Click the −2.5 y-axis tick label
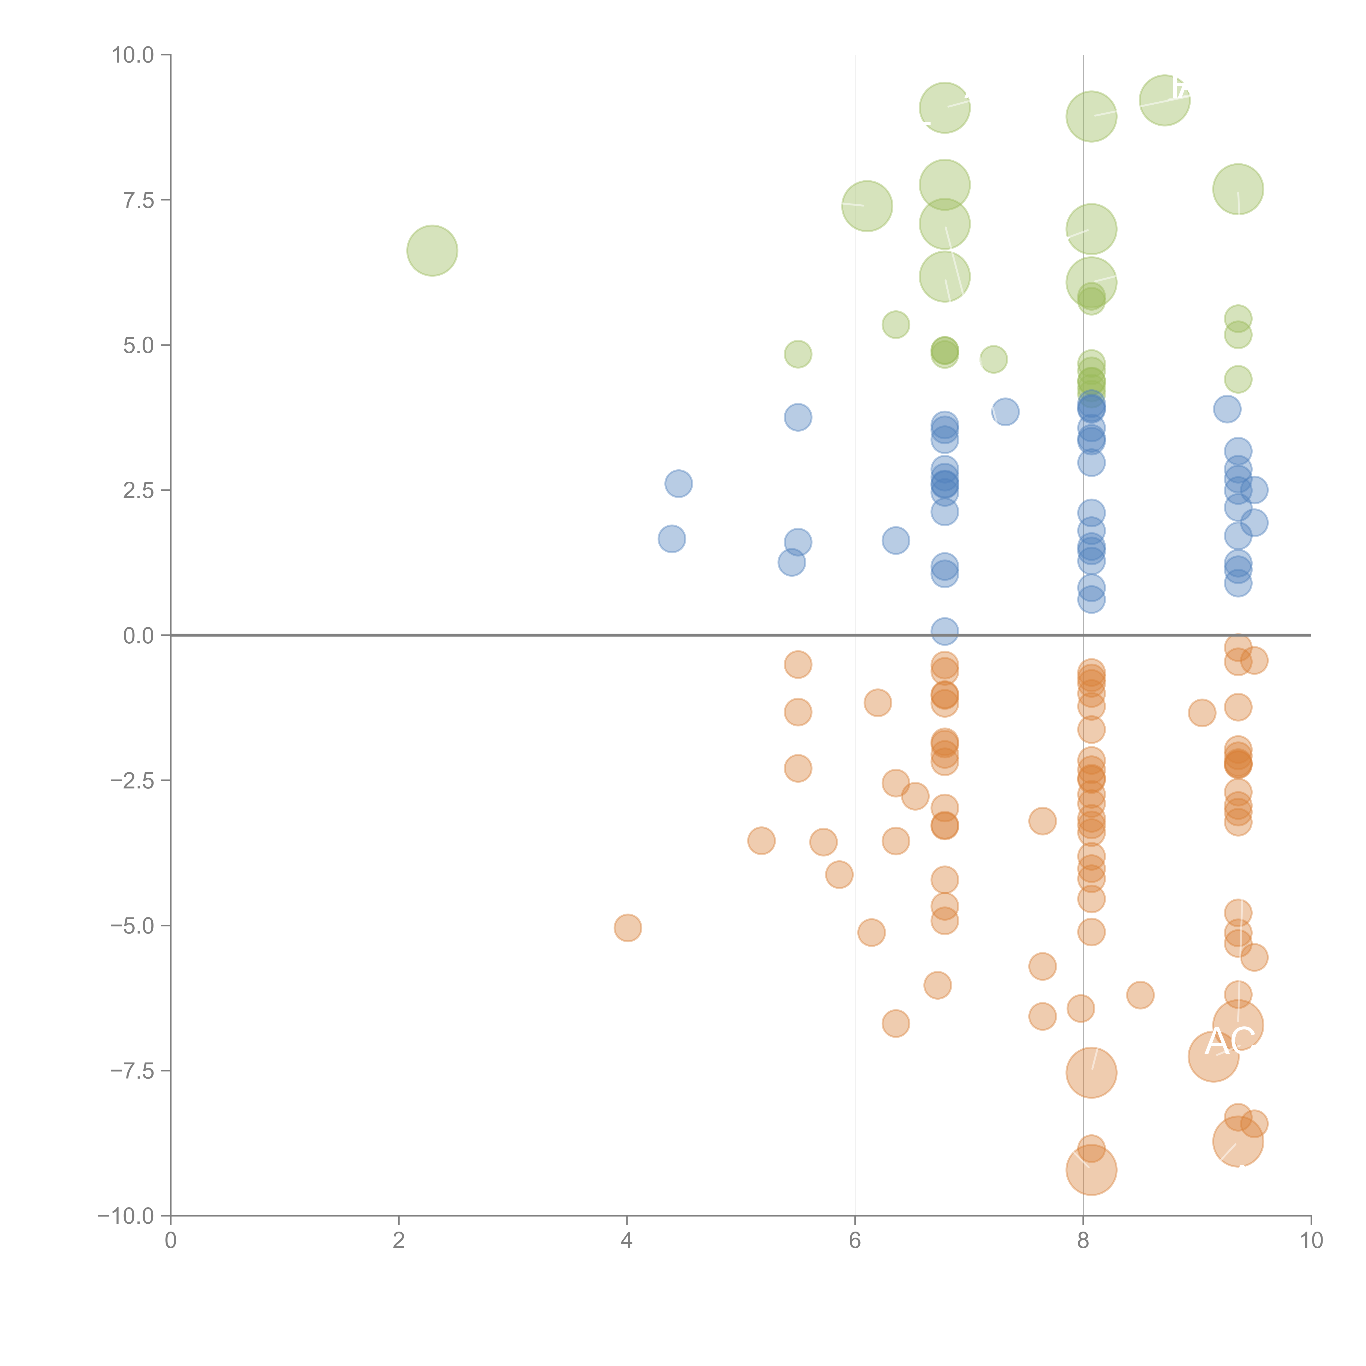(132, 781)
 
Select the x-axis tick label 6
(855, 1240)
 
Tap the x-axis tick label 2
(399, 1240)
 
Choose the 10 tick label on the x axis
(1311, 1240)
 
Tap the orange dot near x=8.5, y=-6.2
(1140, 995)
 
